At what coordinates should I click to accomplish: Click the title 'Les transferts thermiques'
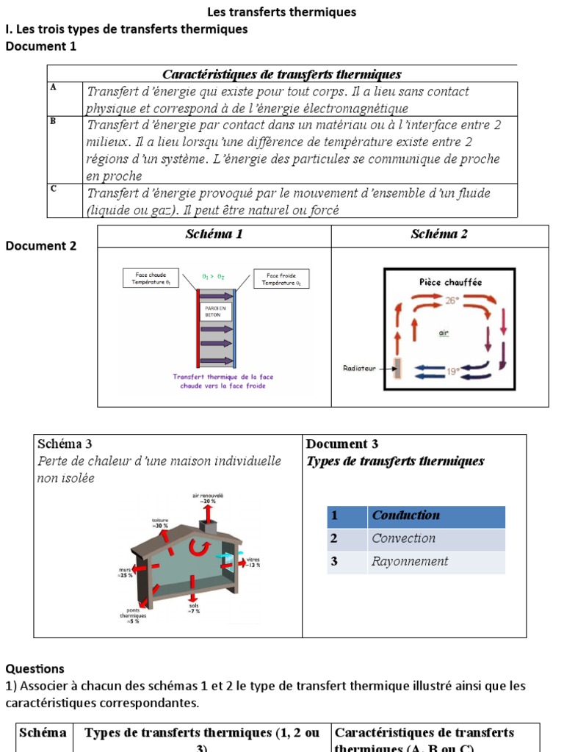tap(282, 12)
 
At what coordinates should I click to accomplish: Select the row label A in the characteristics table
tap(53, 87)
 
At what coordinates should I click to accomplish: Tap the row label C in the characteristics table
tap(54, 189)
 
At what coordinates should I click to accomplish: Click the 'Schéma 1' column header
tap(214, 235)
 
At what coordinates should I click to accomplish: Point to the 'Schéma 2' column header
tap(439, 235)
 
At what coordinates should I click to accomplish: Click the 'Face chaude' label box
tap(151, 278)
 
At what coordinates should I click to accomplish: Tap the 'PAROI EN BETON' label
tap(213, 311)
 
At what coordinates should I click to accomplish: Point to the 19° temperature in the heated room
tap(454, 372)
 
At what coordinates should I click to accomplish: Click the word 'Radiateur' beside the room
tap(359, 368)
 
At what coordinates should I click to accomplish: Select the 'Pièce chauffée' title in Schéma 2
tap(450, 281)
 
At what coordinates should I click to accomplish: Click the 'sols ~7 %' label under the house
tap(194, 608)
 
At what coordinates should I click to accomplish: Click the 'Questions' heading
tap(35, 669)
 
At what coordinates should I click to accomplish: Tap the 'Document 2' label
tap(40, 246)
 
